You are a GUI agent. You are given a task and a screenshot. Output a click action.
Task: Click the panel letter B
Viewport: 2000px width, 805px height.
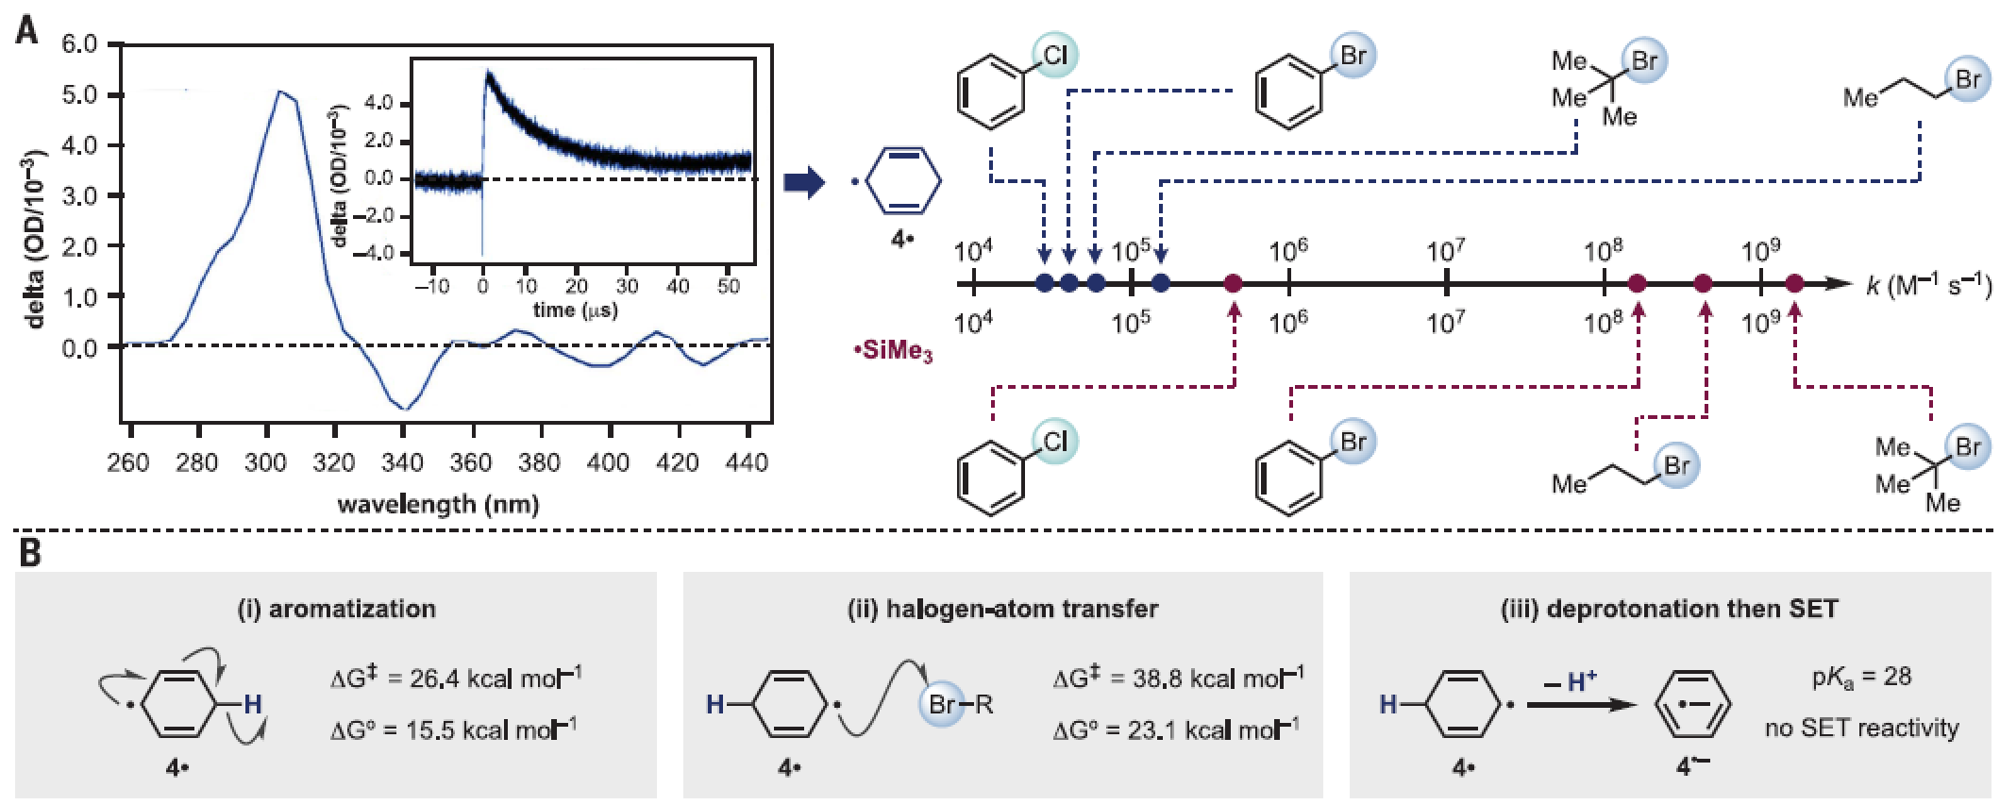(x=30, y=552)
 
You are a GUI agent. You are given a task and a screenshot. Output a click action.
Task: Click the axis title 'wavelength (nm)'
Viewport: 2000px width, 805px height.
(x=438, y=504)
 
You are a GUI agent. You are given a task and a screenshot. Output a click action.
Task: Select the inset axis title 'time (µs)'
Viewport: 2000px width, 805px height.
(x=575, y=310)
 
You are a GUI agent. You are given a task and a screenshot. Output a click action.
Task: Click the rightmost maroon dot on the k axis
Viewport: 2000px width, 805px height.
(x=1794, y=282)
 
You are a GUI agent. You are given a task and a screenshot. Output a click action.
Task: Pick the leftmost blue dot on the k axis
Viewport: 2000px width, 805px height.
(x=1044, y=282)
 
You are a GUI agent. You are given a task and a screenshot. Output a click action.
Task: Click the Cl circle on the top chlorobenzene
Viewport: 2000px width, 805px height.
(x=1052, y=56)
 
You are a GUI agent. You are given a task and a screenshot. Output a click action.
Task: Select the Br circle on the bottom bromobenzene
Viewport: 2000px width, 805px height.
(x=1353, y=441)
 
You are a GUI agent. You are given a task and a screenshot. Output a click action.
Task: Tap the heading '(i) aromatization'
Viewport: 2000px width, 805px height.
(x=335, y=609)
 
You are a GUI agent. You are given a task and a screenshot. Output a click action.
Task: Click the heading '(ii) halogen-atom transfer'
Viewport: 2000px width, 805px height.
(x=1002, y=609)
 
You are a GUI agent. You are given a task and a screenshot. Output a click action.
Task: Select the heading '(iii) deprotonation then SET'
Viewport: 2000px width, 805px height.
(x=1670, y=609)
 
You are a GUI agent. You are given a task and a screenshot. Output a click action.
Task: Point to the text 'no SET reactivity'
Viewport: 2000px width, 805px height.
(x=1861, y=728)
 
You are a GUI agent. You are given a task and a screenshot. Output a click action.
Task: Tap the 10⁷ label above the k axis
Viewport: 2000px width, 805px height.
(x=1446, y=252)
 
